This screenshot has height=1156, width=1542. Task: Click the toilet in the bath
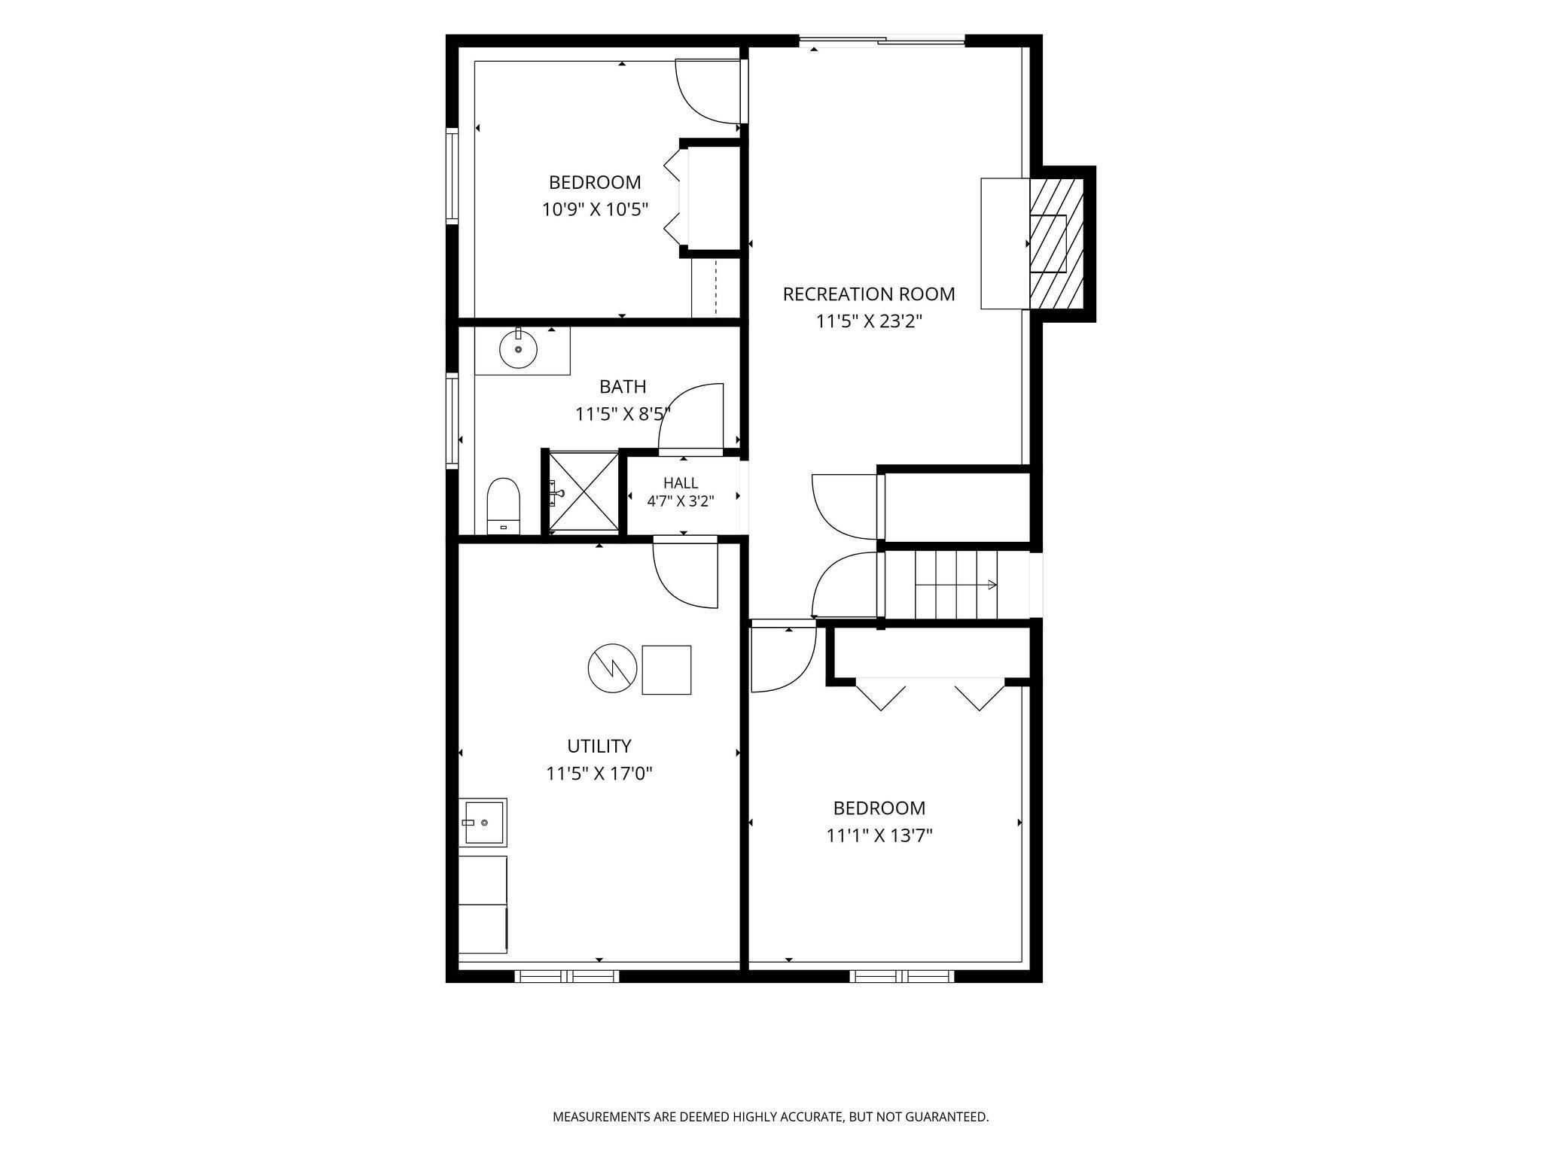(x=504, y=506)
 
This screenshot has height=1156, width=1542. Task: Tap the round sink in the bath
(x=518, y=348)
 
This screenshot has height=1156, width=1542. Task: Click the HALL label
(x=681, y=483)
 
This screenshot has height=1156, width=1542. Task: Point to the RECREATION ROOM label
(x=869, y=294)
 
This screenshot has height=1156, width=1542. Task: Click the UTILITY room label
(x=599, y=746)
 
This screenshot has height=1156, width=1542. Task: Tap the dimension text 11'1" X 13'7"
(x=879, y=835)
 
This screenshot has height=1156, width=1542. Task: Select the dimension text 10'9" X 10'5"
(x=596, y=209)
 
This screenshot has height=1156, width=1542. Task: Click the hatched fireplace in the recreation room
(x=1056, y=243)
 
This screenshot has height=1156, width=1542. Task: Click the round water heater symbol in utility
(x=613, y=668)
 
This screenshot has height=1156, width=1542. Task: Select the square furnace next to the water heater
(x=666, y=670)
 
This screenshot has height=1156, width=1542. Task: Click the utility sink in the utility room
(x=483, y=823)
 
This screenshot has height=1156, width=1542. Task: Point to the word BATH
(x=623, y=387)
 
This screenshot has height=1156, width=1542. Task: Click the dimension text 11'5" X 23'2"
(x=870, y=322)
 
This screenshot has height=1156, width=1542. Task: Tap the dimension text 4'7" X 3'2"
(x=681, y=500)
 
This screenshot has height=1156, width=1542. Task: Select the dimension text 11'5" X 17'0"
(x=599, y=774)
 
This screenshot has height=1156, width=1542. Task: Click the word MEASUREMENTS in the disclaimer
(x=602, y=1117)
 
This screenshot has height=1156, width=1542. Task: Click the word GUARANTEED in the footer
(x=947, y=1117)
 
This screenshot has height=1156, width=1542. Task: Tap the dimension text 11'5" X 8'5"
(x=623, y=414)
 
